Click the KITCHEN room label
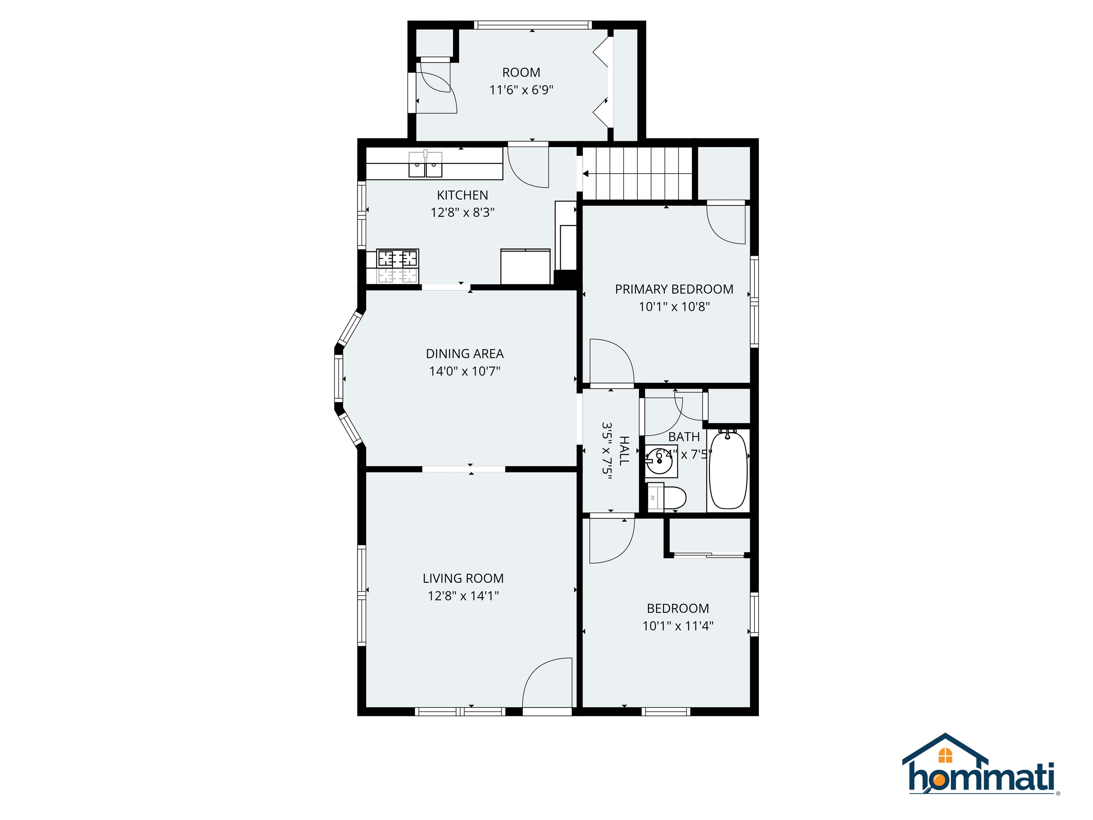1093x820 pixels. [462, 195]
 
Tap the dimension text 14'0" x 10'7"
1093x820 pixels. [464, 371]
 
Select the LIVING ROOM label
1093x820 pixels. [463, 578]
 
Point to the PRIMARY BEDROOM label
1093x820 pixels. [674, 289]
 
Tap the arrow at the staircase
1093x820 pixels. [586, 173]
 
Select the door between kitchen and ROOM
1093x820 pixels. [529, 165]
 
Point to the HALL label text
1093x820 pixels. [624, 450]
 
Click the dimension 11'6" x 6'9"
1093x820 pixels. [521, 90]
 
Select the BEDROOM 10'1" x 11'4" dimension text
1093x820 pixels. [677, 626]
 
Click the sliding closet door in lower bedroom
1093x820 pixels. [709, 555]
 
